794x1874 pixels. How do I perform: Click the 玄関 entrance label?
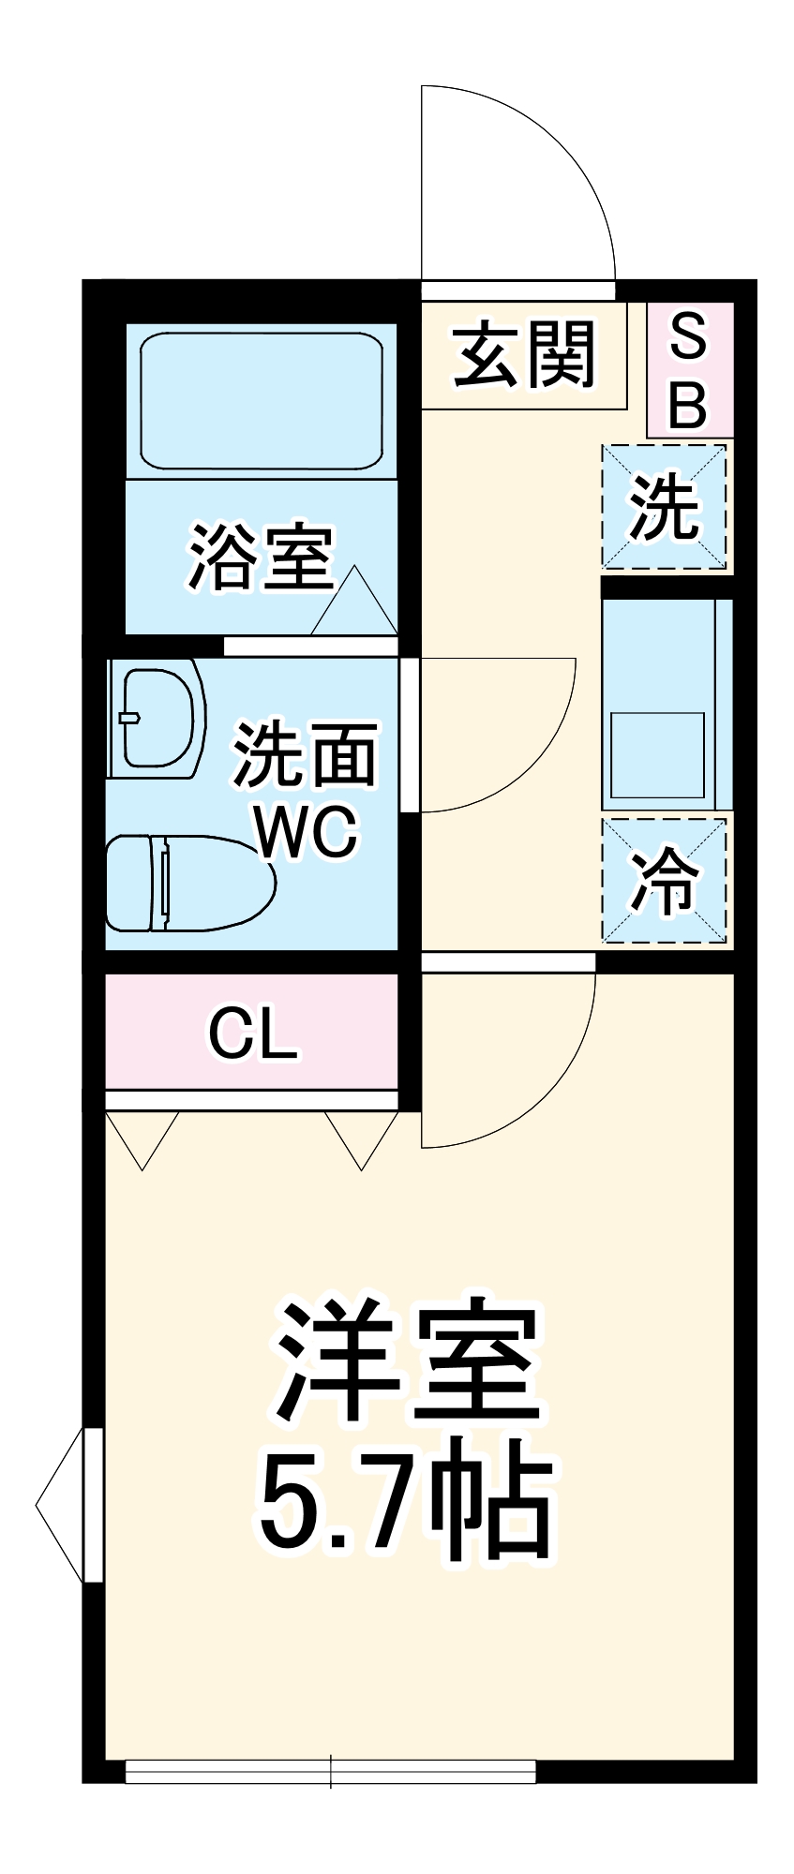524,355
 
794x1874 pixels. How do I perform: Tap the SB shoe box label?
688,370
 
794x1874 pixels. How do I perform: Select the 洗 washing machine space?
664,507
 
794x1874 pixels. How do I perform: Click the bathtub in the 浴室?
262,399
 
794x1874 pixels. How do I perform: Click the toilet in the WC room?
187,884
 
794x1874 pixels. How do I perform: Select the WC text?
307,831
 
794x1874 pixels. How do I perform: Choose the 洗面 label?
306,755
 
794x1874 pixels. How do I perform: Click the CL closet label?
252,1034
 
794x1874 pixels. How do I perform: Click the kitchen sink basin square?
657,754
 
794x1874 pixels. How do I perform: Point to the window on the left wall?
92,1505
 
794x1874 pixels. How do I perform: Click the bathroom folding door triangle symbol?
354,604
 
